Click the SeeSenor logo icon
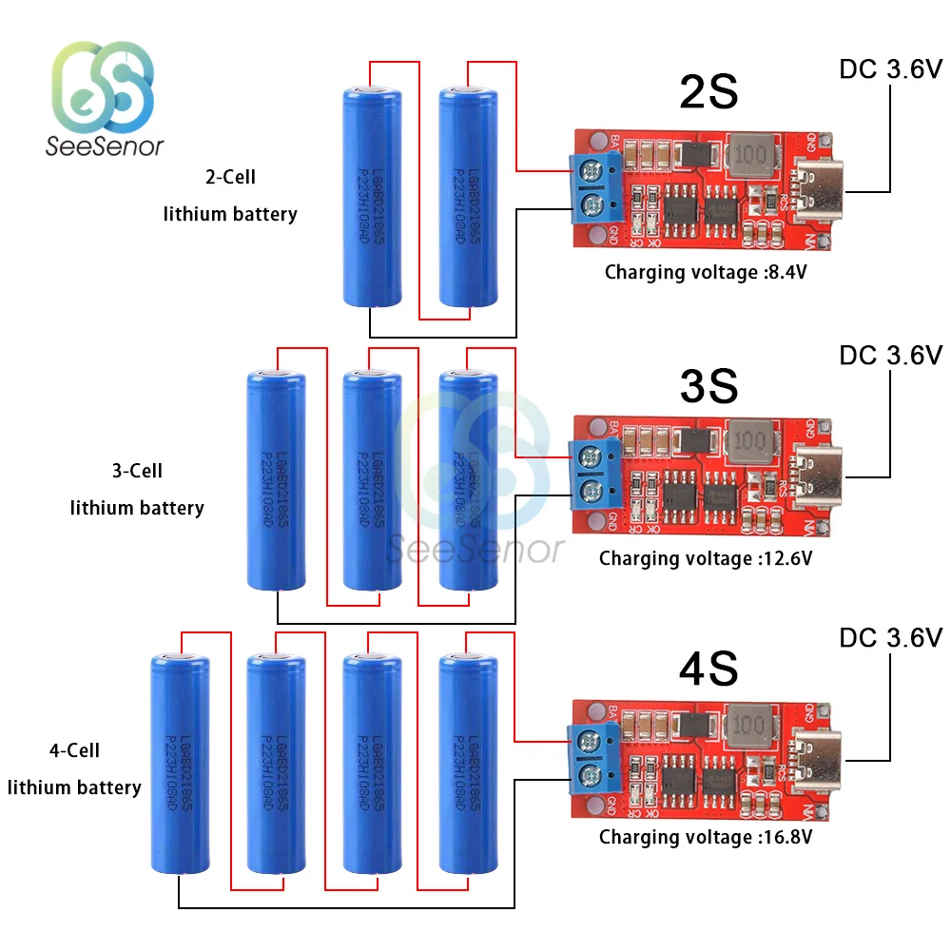click(x=103, y=87)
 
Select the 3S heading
click(x=708, y=385)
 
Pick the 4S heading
click(x=708, y=668)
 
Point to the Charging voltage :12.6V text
click(x=705, y=558)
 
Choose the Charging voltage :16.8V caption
click(x=705, y=838)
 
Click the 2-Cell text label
click(x=229, y=177)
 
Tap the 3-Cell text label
click(x=137, y=471)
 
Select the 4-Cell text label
click(x=74, y=750)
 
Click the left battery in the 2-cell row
click(x=372, y=198)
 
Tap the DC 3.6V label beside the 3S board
click(x=890, y=355)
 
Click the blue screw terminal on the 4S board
click(x=592, y=757)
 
